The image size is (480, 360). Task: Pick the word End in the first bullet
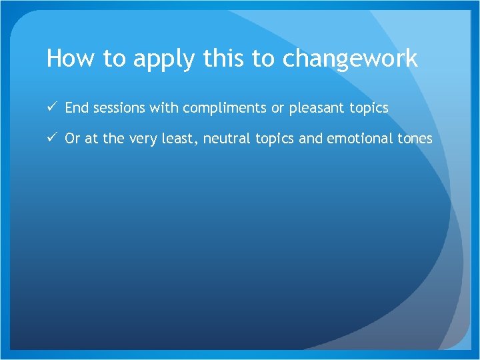[x=76, y=107]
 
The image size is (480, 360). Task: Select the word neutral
[x=227, y=139]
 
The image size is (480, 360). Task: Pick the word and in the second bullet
[x=312, y=138]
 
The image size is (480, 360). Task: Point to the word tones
[x=415, y=139]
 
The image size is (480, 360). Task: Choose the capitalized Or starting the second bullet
[x=72, y=138]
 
